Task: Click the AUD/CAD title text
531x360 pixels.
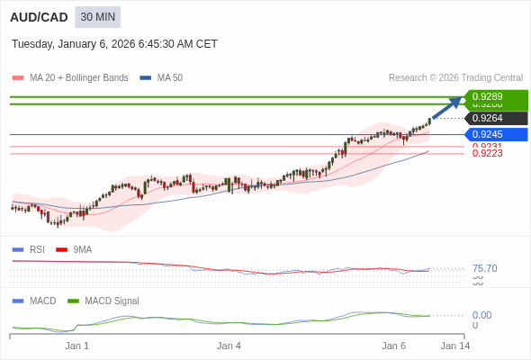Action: coord(38,17)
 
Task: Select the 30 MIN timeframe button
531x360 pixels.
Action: coord(97,17)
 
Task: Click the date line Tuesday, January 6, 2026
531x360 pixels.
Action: coord(114,44)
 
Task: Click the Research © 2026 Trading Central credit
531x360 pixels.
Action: coord(455,77)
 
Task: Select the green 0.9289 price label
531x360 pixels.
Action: coord(494,96)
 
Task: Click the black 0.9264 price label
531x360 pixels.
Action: coord(494,118)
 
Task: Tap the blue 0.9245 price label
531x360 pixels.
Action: coord(494,135)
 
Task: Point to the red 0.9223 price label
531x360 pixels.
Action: coord(487,154)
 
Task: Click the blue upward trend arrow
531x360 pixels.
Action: coord(446,107)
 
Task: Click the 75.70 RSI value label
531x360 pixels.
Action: coord(484,268)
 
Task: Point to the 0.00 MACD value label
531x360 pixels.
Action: coord(481,315)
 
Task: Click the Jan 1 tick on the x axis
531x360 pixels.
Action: coord(77,346)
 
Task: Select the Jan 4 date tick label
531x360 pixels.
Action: coord(229,346)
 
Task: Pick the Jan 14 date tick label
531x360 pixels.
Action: coord(454,346)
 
